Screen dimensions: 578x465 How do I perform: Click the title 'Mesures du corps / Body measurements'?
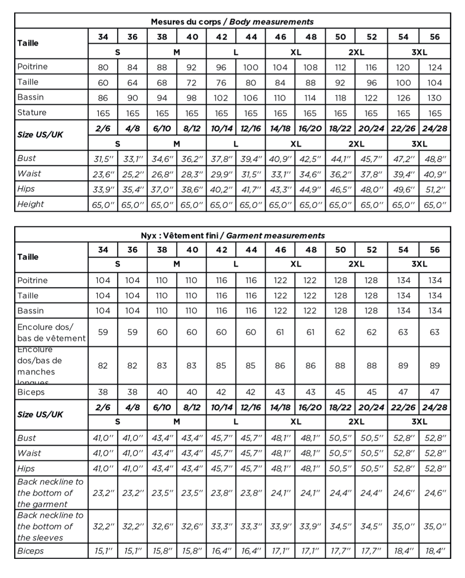click(x=232, y=22)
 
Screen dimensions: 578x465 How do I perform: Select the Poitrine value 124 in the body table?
click(x=435, y=67)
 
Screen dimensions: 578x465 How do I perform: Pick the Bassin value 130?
click(x=435, y=98)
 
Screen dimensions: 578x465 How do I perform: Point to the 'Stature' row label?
click(x=32, y=113)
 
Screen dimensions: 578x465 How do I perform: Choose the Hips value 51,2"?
click(x=435, y=189)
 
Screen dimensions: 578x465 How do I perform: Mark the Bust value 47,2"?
click(x=403, y=159)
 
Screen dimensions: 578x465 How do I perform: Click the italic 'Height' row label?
click(x=30, y=204)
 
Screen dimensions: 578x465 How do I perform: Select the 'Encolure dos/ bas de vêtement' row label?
click(x=51, y=333)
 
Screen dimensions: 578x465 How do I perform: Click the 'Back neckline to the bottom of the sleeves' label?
click(x=50, y=526)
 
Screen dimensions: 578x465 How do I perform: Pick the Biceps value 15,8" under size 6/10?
click(x=162, y=551)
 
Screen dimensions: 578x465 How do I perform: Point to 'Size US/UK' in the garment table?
click(x=40, y=415)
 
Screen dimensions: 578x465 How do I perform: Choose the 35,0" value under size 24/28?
click(x=435, y=527)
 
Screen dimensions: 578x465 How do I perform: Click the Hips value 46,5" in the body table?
click(x=340, y=189)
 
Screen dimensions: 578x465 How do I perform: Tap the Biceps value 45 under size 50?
click(x=340, y=392)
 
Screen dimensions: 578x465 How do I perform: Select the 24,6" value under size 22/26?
click(x=403, y=493)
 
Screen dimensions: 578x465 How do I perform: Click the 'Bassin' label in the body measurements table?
click(x=30, y=97)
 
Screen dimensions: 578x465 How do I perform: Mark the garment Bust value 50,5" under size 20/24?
click(x=371, y=438)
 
